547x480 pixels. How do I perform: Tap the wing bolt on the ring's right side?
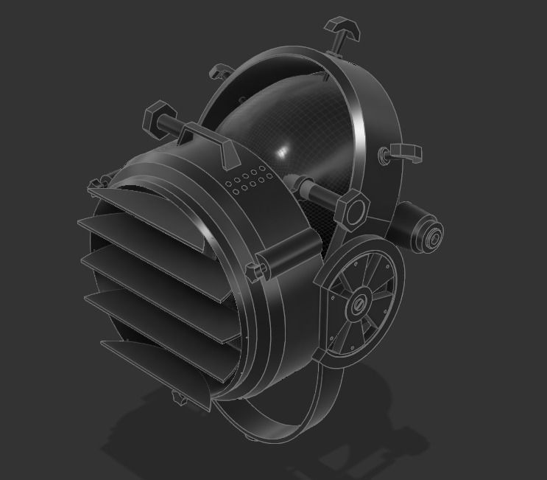click(x=403, y=152)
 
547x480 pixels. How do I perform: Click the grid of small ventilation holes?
click(x=247, y=181)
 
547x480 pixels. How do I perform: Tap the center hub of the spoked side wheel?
click(x=360, y=303)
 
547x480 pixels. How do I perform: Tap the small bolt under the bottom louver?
click(x=177, y=399)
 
